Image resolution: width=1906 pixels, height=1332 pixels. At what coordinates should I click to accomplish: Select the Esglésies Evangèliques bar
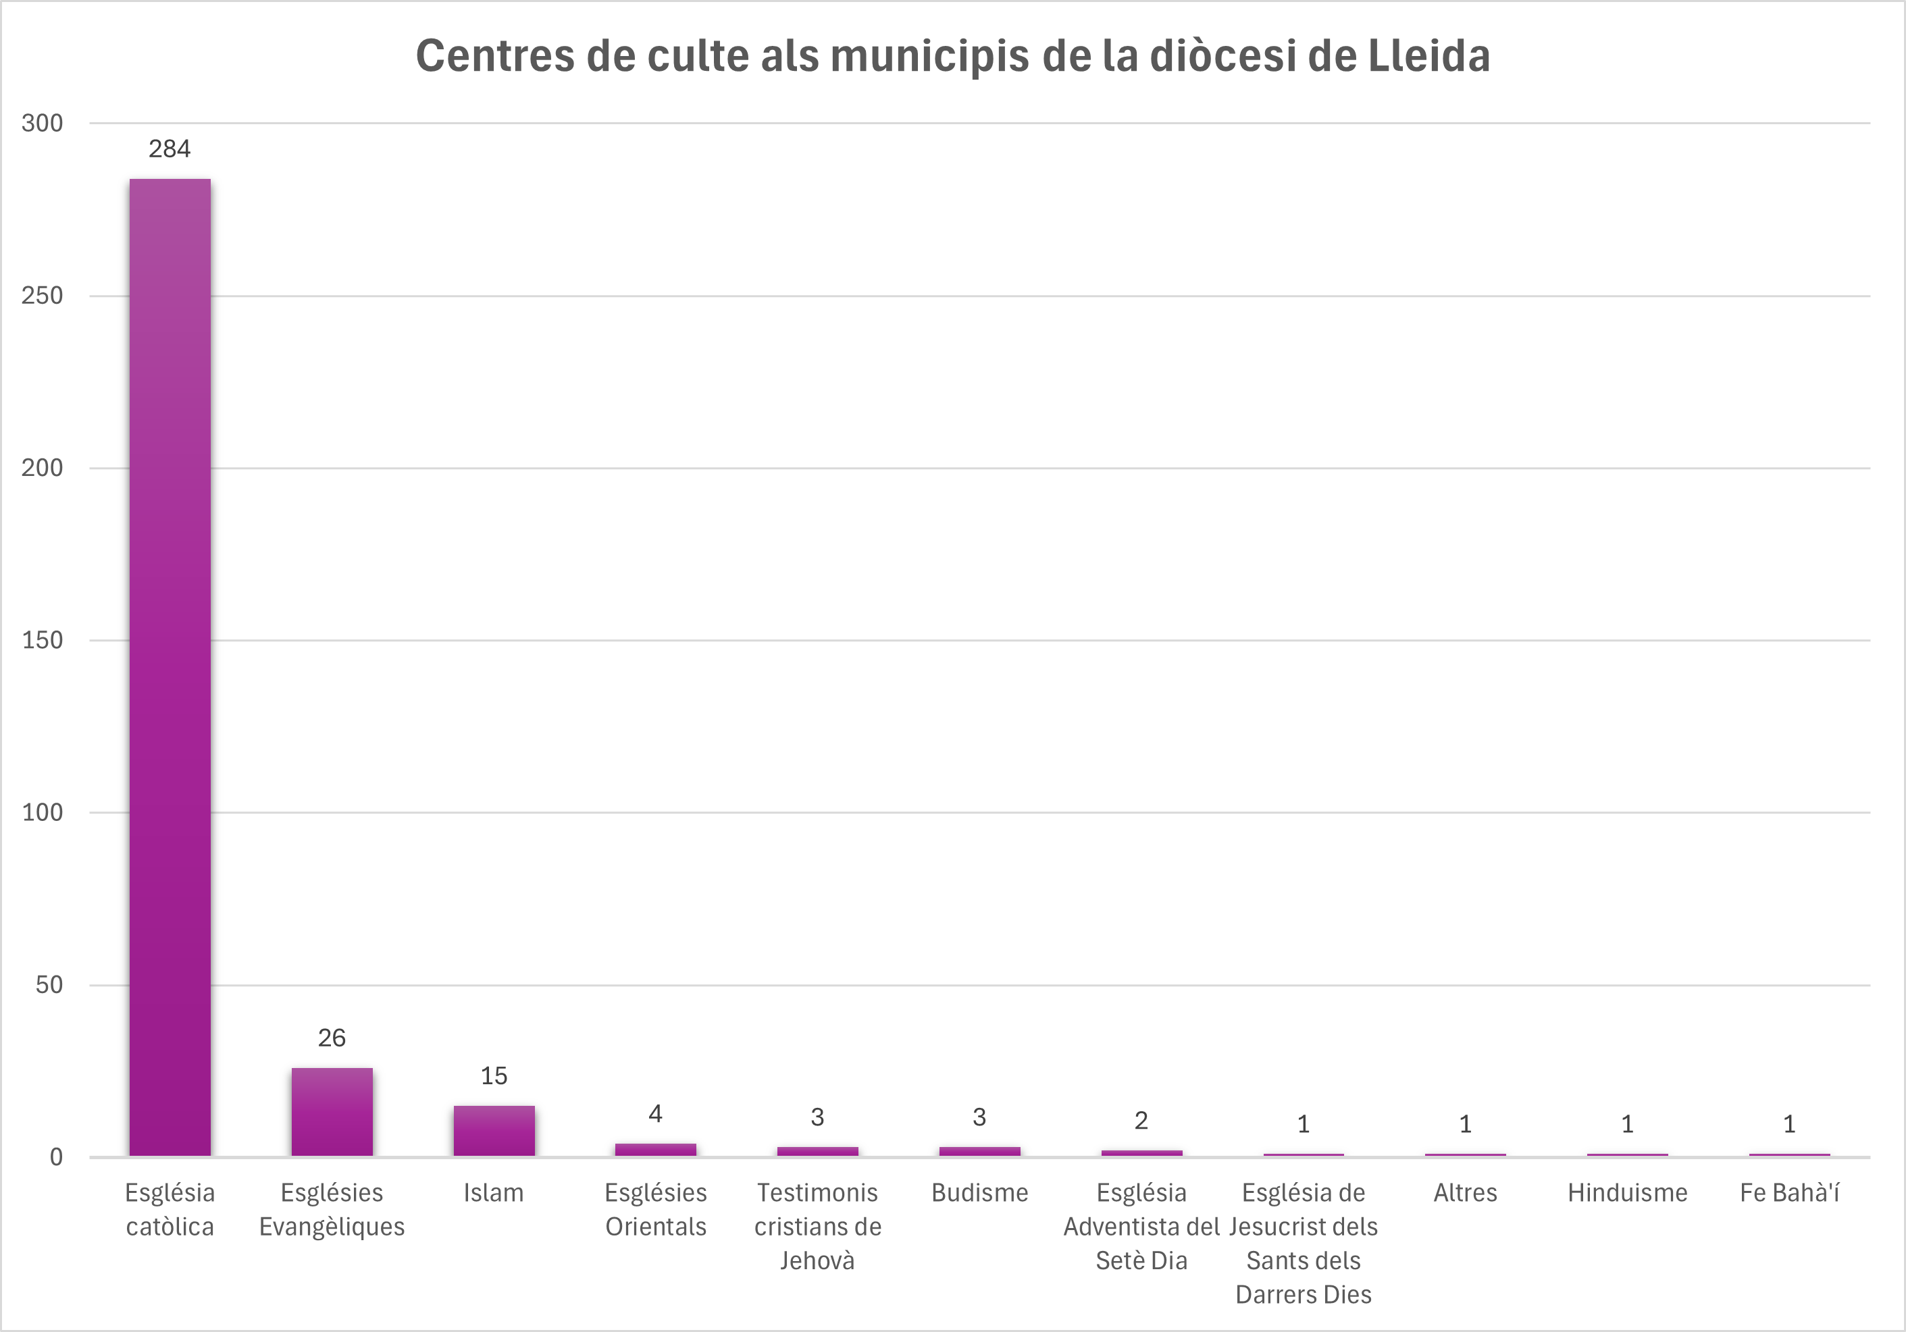coord(332,1111)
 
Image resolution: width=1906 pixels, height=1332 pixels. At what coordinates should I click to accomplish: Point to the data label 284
coord(170,149)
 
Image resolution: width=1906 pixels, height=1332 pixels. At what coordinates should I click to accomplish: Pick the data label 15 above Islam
coord(494,1076)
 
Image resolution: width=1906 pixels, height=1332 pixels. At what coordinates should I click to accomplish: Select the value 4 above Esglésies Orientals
coord(656,1114)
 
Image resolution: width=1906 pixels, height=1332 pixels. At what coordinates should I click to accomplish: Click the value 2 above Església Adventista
coord(1141,1121)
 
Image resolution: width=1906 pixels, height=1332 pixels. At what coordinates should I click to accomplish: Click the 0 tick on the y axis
coord(55,1157)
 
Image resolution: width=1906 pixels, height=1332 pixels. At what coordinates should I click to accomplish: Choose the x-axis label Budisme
coord(979,1194)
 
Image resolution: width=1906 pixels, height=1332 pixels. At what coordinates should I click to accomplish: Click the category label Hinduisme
coord(1627,1194)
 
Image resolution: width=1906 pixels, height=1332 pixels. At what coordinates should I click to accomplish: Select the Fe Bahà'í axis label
coord(1789,1194)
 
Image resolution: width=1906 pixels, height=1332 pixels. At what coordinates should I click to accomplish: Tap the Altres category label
coord(1465,1194)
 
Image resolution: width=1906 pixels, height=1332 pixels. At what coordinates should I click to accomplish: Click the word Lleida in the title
coord(1428,57)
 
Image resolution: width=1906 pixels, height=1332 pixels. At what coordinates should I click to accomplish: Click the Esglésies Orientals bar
coord(656,1150)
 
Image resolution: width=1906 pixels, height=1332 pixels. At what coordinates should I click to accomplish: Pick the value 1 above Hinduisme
coord(1627,1125)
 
